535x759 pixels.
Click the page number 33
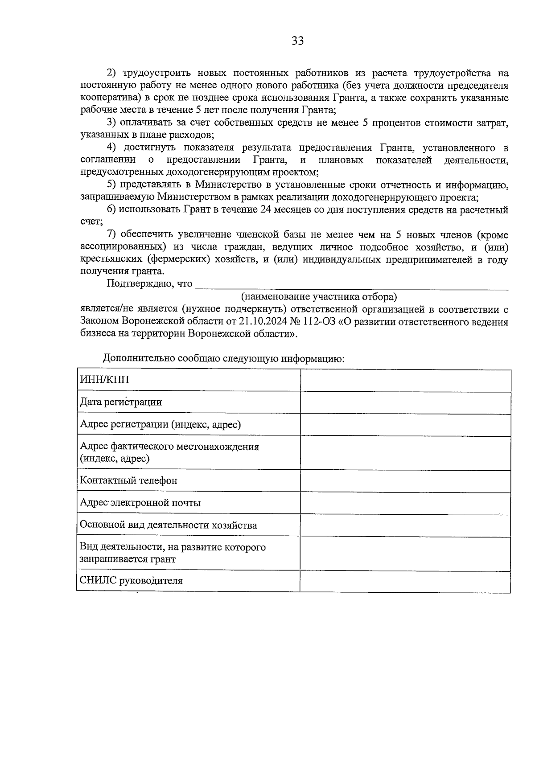click(x=297, y=41)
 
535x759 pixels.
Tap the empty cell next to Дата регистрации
click(x=405, y=402)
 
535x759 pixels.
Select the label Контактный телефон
click(x=128, y=480)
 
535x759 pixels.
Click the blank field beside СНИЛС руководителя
click(x=405, y=581)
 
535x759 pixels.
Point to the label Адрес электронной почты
click(x=140, y=503)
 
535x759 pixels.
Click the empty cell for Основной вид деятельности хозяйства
click(x=405, y=525)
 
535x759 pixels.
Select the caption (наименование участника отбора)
click(x=319, y=296)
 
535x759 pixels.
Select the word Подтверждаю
click(x=137, y=284)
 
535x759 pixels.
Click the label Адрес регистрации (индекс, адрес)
click(x=160, y=424)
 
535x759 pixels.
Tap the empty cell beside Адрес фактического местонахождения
click(x=405, y=452)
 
